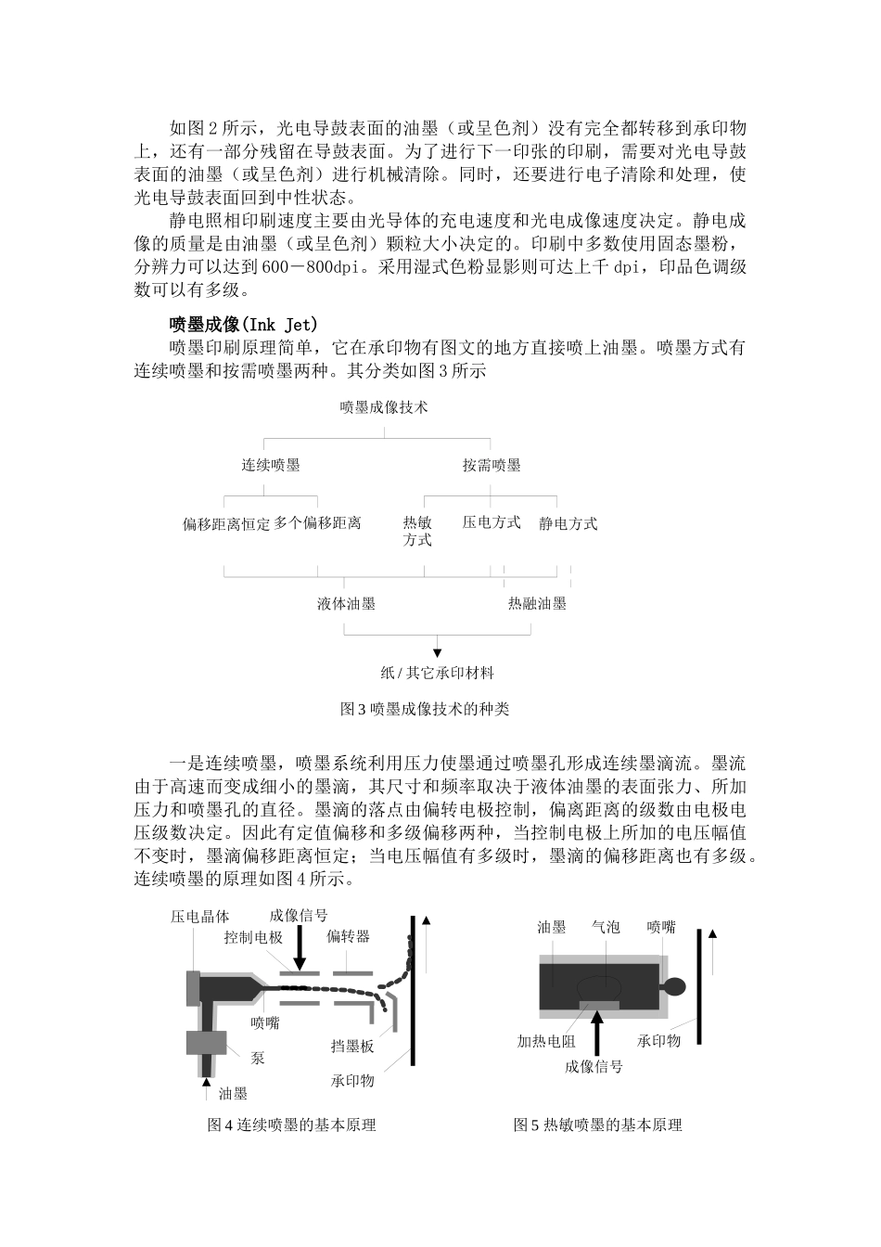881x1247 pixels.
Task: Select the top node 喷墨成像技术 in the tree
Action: [x=384, y=406]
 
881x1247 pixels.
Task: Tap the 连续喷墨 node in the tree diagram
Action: [x=271, y=465]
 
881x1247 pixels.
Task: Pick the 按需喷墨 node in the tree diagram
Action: [x=492, y=465]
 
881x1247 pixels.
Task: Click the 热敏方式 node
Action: [x=417, y=531]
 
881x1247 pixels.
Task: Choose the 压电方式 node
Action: [x=492, y=522]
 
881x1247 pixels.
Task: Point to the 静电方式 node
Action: [x=568, y=523]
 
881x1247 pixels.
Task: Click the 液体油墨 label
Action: [x=347, y=603]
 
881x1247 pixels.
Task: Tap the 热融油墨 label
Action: [x=537, y=603]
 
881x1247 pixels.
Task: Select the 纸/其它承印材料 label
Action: [x=438, y=673]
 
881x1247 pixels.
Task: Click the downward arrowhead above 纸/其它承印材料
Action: [x=438, y=652]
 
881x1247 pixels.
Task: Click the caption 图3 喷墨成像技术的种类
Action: [x=425, y=709]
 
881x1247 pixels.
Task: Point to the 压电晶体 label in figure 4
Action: [x=199, y=917]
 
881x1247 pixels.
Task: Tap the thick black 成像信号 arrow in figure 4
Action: [x=299, y=948]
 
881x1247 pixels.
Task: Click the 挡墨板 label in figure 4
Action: [x=352, y=1046]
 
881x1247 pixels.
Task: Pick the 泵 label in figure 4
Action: [x=258, y=1057]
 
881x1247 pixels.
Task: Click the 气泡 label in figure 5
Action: [x=606, y=927]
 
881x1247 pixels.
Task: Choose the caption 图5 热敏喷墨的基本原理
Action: [x=597, y=1125]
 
